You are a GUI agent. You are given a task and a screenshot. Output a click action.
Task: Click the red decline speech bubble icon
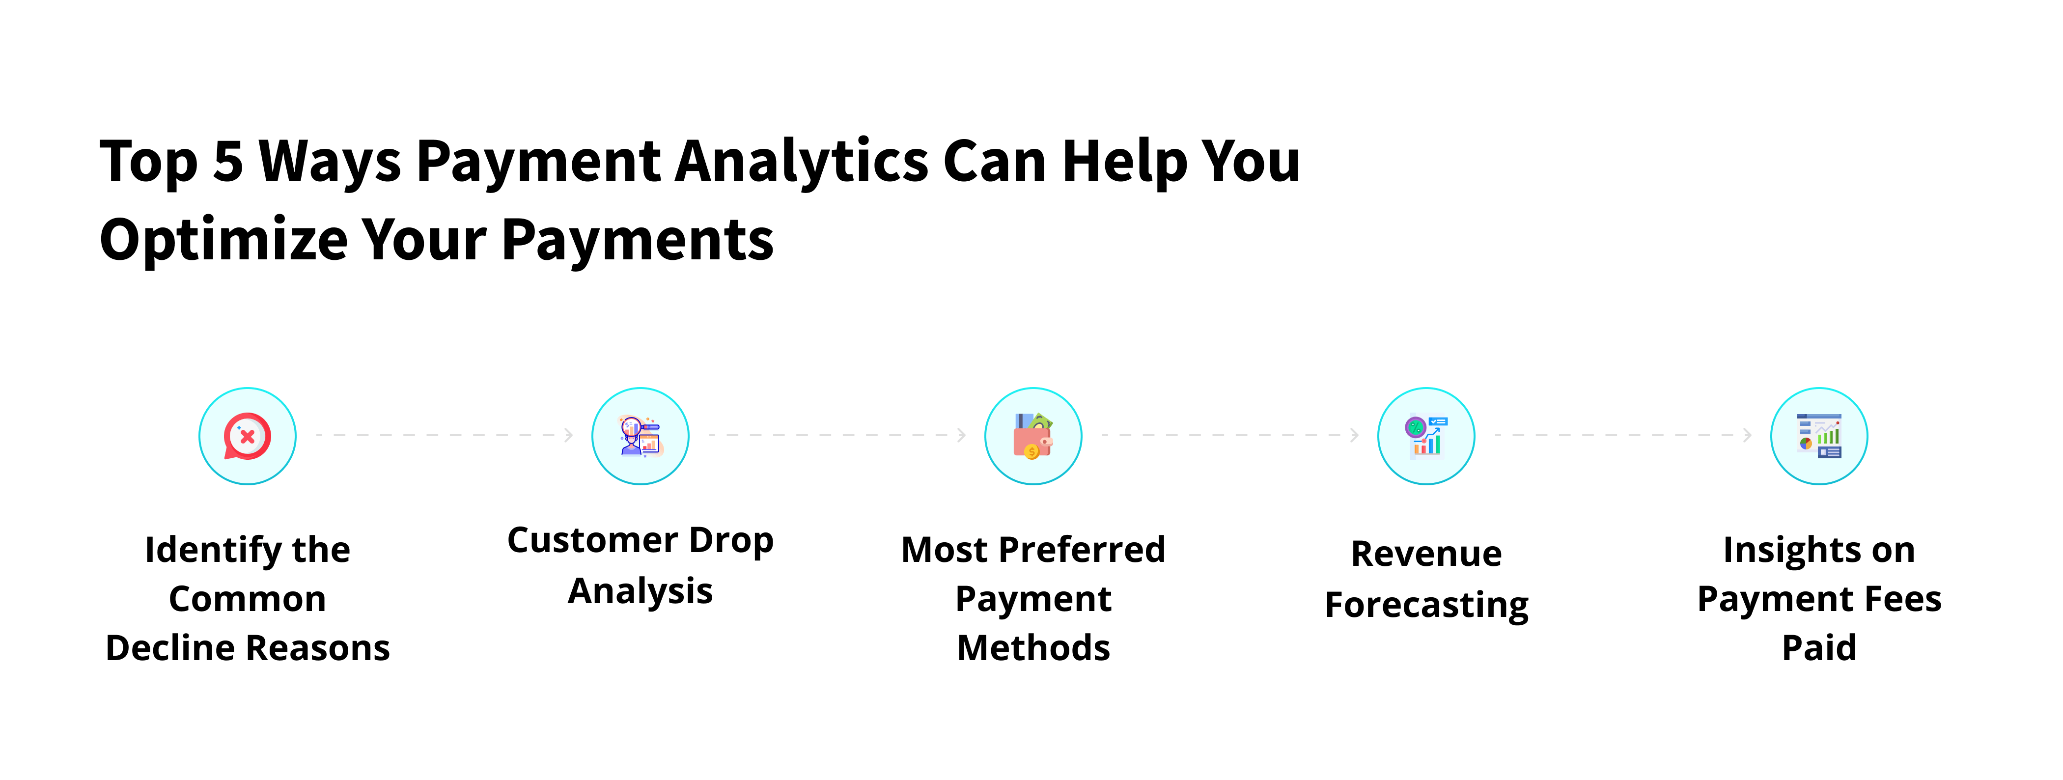click(x=248, y=437)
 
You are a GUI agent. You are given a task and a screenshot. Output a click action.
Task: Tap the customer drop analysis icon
click(x=640, y=437)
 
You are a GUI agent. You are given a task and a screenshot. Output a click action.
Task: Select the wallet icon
click(x=1033, y=437)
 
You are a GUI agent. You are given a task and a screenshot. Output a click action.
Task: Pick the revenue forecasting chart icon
click(x=1425, y=437)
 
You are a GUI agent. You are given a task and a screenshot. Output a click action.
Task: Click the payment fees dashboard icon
click(x=1819, y=437)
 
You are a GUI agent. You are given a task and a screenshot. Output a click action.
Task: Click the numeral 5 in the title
click(x=228, y=162)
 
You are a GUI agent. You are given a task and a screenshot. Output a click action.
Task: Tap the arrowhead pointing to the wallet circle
click(x=962, y=435)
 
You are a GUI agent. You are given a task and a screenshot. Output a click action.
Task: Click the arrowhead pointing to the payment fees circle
click(x=1748, y=435)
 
